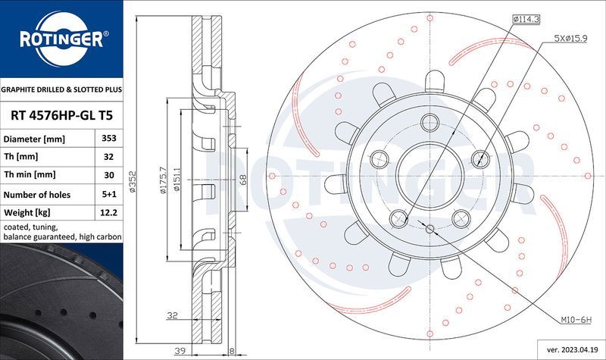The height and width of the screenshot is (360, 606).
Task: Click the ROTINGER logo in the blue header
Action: (x=61, y=39)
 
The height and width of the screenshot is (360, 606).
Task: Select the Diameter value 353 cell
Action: (x=108, y=139)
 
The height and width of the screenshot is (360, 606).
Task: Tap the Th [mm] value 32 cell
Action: (x=108, y=158)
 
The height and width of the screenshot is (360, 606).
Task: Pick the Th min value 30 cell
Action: (x=108, y=176)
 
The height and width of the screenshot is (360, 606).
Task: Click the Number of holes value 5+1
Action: (x=108, y=195)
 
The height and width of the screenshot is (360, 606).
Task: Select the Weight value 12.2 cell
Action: (x=108, y=213)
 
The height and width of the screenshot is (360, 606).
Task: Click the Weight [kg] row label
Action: (x=27, y=213)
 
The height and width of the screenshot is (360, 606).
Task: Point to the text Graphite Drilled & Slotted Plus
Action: (x=61, y=89)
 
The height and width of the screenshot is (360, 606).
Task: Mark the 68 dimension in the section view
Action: (x=242, y=180)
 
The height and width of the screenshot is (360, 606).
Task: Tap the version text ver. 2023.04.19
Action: (x=569, y=351)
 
